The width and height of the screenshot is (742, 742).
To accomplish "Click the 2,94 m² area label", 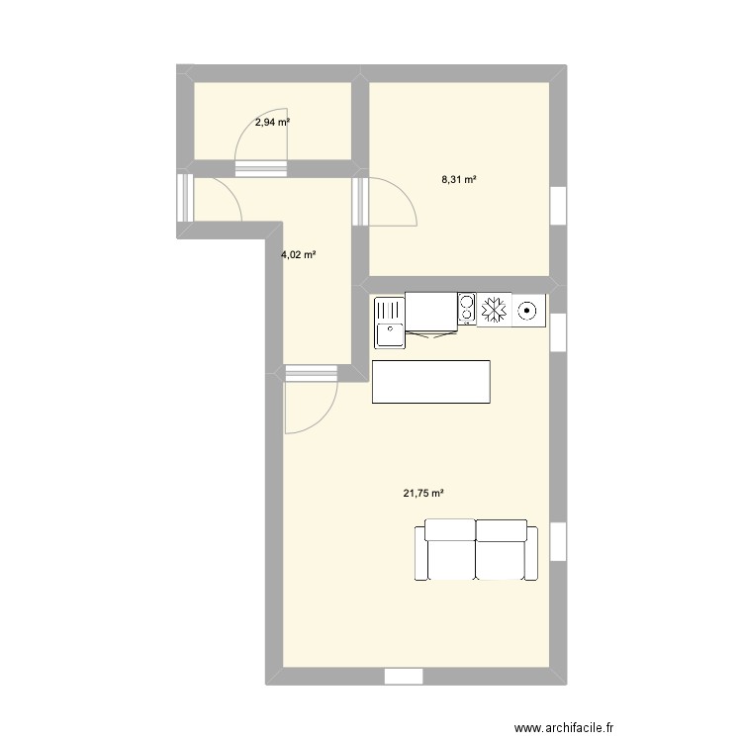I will coord(273,123).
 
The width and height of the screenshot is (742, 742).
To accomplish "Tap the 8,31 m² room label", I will coord(459,180).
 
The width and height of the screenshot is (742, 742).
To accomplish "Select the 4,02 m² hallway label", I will coord(299,254).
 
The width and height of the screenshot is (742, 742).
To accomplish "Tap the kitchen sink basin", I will coord(388,323).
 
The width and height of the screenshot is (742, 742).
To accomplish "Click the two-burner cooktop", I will coord(465,310).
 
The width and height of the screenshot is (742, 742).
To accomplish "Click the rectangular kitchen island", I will coord(431,382).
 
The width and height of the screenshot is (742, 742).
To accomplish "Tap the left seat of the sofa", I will coord(449,550).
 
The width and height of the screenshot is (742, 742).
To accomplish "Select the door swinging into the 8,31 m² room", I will coord(387,205).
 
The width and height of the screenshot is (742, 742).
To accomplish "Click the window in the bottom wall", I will coord(403,677).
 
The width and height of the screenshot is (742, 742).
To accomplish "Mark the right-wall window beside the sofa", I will coord(559,539).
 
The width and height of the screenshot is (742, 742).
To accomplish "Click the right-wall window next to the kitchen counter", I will coord(559,331).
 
